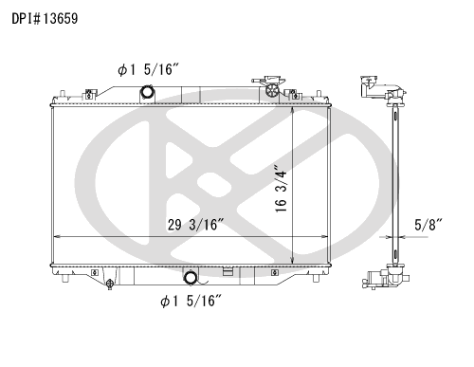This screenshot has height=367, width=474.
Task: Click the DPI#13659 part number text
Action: pyautogui.click(x=45, y=19)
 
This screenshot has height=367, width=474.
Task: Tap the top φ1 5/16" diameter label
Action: pyautogui.click(x=149, y=69)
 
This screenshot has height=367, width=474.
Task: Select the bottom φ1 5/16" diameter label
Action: pyautogui.click(x=191, y=301)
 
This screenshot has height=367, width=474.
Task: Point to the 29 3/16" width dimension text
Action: pyautogui.click(x=195, y=225)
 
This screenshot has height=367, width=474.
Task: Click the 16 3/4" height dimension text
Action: pyautogui.click(x=281, y=189)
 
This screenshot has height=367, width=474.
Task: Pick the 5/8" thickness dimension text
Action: pyautogui.click(x=428, y=225)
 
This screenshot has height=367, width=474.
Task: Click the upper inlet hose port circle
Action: pyautogui.click(x=147, y=92)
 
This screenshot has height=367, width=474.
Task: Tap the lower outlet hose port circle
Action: pyautogui.click(x=191, y=278)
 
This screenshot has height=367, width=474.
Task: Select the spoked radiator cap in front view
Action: pyautogui.click(x=271, y=91)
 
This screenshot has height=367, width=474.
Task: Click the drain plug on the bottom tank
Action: pyautogui.click(x=110, y=284)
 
